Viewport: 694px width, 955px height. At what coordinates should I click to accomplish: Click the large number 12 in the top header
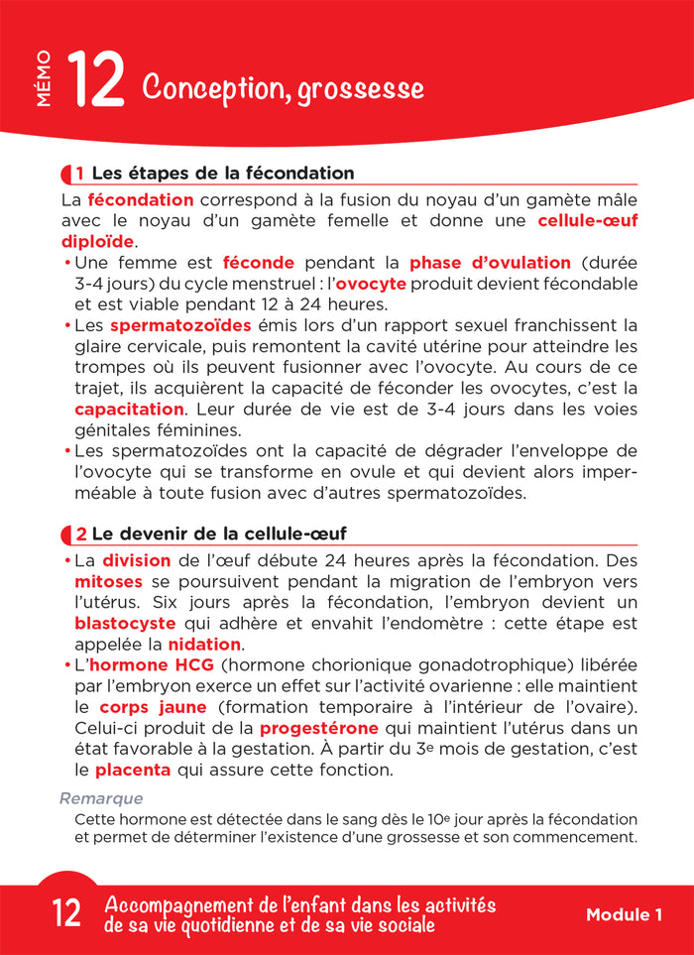point(95,82)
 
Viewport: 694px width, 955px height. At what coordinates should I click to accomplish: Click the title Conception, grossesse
point(284,88)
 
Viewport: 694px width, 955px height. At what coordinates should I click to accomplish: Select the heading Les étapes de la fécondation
point(215,174)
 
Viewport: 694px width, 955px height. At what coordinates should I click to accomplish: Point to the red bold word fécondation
point(141,199)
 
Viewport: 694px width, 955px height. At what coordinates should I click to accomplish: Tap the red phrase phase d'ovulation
point(490,263)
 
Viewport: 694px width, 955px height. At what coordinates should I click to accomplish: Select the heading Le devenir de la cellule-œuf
point(218,535)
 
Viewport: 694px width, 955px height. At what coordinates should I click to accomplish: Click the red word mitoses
point(109,581)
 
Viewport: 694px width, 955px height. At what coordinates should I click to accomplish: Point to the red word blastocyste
point(125,623)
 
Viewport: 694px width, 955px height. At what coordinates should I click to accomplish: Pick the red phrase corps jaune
point(154,707)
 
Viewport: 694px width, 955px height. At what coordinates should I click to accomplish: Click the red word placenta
point(133,770)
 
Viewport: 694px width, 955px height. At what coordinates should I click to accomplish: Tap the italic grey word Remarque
point(101,798)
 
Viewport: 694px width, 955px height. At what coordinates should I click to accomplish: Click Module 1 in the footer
point(624,915)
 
